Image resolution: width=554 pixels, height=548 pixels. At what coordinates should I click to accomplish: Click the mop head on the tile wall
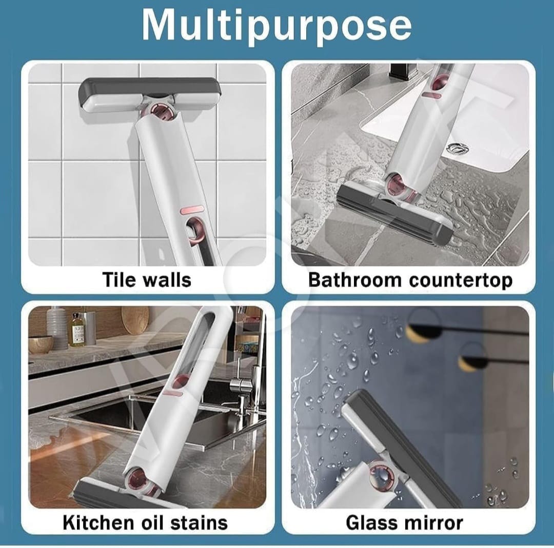[x=150, y=95]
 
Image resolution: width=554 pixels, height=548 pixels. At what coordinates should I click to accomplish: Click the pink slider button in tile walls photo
[x=192, y=210]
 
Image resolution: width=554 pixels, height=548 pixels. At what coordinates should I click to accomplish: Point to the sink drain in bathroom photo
[x=457, y=149]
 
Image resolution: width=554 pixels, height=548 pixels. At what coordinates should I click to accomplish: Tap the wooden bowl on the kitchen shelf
[x=41, y=344]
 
